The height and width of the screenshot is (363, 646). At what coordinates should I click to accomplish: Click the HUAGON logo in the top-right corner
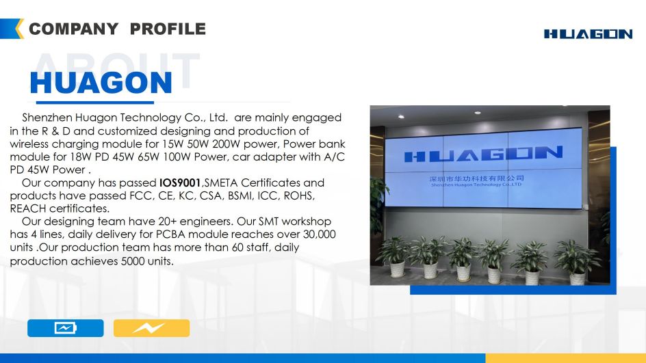click(x=588, y=34)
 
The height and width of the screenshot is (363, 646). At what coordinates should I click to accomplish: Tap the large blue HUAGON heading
click(x=101, y=83)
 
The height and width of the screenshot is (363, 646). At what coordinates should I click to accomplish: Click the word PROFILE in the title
click(x=168, y=29)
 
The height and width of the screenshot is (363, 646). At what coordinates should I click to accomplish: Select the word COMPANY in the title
click(x=73, y=29)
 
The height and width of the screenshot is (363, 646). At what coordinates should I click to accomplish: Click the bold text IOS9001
click(x=179, y=183)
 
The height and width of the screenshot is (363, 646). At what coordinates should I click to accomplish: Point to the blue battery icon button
click(x=66, y=328)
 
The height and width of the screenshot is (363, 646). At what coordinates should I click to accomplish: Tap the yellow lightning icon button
click(x=152, y=328)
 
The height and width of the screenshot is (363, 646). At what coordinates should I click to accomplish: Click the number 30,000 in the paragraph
click(x=320, y=234)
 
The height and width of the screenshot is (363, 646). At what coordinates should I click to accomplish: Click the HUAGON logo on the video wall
click(x=483, y=154)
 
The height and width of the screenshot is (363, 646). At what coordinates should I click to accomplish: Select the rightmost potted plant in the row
click(x=577, y=262)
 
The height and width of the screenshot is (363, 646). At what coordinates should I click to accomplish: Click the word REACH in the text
click(x=27, y=209)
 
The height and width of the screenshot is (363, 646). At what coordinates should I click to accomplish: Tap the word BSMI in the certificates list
click(x=240, y=196)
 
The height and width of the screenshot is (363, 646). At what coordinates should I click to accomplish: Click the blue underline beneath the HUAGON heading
click(x=94, y=102)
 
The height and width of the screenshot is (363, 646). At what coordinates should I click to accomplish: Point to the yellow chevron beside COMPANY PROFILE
click(x=19, y=29)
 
